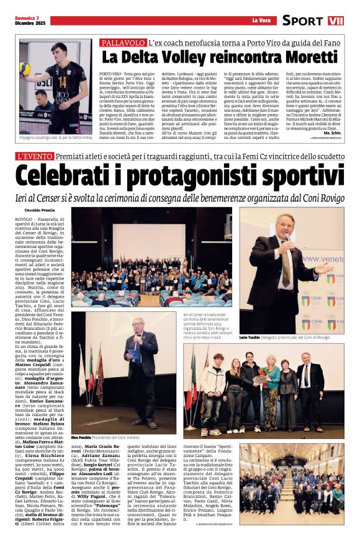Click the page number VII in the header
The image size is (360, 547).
click(336, 20)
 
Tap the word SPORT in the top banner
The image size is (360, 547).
click(302, 20)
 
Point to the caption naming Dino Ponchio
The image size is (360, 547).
click(105, 437)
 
